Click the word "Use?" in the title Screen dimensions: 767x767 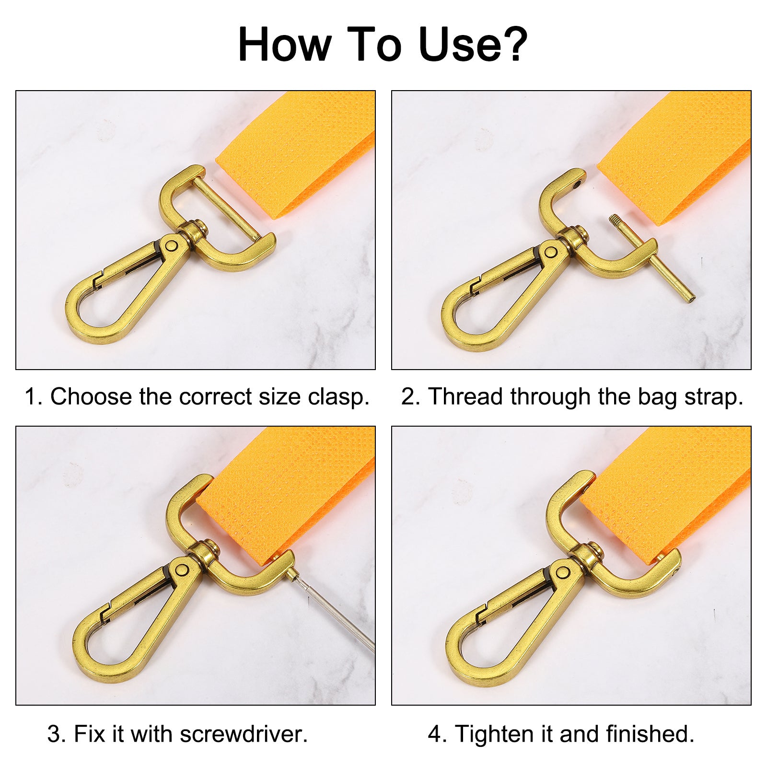pos(473,44)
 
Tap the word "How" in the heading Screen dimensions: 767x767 pos(285,44)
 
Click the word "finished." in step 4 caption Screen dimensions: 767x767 pos(650,734)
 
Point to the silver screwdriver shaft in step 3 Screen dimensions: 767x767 pos(334,611)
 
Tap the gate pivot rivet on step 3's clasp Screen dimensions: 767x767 pos(182,570)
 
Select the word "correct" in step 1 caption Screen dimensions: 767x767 pos(216,397)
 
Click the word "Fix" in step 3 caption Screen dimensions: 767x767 pos(90,734)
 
